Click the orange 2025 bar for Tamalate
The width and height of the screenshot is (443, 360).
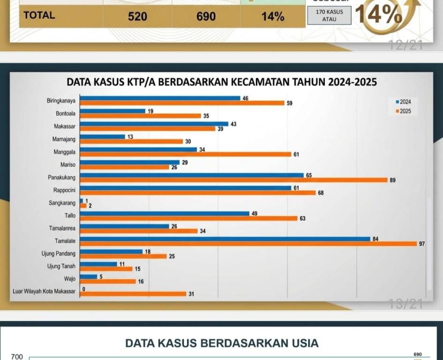click(248, 244)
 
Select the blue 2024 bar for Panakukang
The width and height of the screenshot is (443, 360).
click(192, 175)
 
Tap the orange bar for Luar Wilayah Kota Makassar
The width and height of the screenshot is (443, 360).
click(133, 294)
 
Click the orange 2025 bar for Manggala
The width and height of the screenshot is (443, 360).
click(185, 154)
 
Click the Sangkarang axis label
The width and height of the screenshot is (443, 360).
click(62, 203)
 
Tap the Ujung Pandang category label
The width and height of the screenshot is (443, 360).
click(59, 254)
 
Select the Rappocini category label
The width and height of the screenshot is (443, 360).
click(64, 190)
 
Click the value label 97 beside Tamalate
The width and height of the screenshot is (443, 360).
click(422, 244)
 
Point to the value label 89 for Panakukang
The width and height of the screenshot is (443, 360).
click(392, 180)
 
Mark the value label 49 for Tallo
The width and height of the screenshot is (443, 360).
click(255, 213)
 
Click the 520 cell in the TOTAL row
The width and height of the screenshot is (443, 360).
click(137, 17)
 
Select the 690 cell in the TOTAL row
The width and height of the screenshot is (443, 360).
click(206, 17)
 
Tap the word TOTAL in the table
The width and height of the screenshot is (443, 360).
click(39, 15)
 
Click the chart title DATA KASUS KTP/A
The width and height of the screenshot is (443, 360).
click(222, 82)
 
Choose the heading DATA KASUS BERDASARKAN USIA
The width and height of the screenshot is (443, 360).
click(222, 343)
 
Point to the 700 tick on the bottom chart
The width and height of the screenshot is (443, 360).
click(17, 357)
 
